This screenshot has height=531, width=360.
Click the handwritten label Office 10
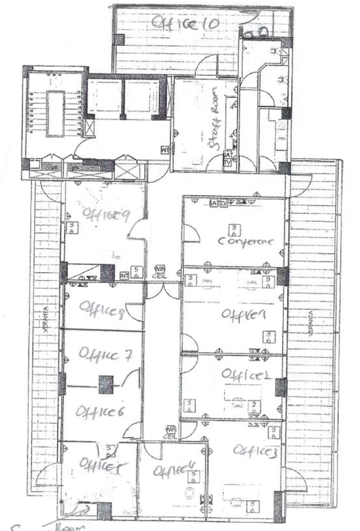[180, 23]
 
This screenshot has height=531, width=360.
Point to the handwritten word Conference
[246, 241]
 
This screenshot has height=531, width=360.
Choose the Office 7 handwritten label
[105, 354]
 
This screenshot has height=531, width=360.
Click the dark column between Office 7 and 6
[106, 384]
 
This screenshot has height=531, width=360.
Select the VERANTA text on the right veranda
[311, 323]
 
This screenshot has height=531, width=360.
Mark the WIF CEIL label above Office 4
[171, 432]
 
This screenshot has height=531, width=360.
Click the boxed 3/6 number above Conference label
[232, 228]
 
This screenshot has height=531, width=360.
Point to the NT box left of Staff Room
[165, 149]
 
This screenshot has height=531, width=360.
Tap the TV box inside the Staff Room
[227, 163]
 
